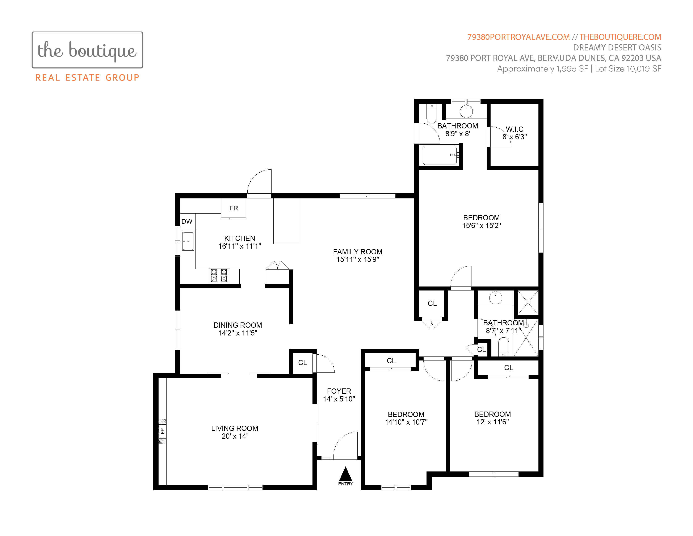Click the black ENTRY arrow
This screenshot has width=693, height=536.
pyautogui.click(x=345, y=474)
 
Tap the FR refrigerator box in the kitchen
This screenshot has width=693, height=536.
pyautogui.click(x=233, y=208)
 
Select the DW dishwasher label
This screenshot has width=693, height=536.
pyautogui.click(x=187, y=221)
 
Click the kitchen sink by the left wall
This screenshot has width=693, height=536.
pyautogui.click(x=188, y=241)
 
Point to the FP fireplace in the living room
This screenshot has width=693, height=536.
pyautogui.click(x=162, y=431)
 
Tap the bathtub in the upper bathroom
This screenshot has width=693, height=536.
pyautogui.click(x=440, y=155)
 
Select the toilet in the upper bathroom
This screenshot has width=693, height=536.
pyautogui.click(x=432, y=113)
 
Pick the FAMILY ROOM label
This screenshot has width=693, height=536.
pyautogui.click(x=358, y=252)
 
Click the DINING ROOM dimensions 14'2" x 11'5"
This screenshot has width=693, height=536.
pyautogui.click(x=238, y=333)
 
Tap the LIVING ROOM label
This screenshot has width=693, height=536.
pyautogui.click(x=235, y=428)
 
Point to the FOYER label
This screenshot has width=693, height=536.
pyautogui.click(x=339, y=391)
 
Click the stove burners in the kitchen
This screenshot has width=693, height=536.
pyautogui.click(x=219, y=275)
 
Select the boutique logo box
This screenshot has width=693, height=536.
pyautogui.click(x=87, y=50)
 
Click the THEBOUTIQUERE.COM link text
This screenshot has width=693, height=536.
pyautogui.click(x=620, y=37)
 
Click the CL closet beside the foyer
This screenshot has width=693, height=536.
pyautogui.click(x=302, y=363)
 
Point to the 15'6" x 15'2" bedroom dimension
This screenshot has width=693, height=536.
pyautogui.click(x=481, y=226)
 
